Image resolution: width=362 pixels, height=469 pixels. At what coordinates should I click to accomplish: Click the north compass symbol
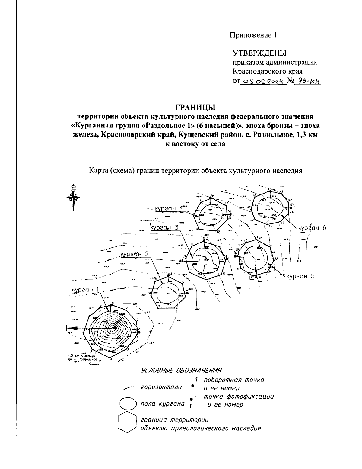[x=73, y=198]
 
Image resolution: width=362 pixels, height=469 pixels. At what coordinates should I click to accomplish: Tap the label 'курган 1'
[x=85, y=290]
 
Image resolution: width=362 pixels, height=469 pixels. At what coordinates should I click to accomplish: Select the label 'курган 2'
[x=135, y=255]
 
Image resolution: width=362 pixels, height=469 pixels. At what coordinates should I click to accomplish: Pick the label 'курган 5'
[x=300, y=276]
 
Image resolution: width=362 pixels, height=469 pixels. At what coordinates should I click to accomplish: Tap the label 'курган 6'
[x=313, y=228]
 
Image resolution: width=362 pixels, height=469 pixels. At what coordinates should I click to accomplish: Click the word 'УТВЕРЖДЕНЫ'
[x=259, y=53]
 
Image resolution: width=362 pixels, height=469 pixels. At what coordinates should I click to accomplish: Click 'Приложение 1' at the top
[x=253, y=35]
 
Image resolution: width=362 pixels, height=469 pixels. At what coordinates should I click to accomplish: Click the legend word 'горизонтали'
[x=161, y=388]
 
